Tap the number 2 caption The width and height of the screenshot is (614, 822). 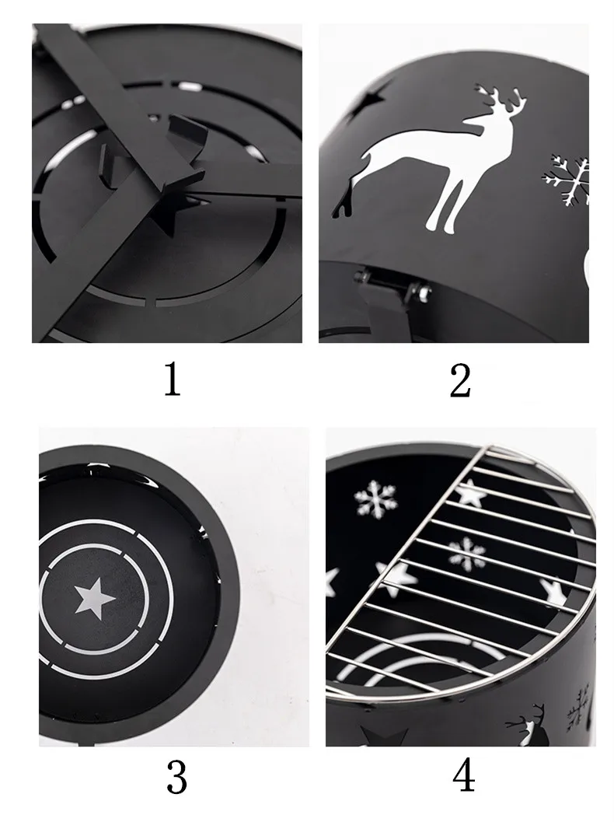point(460,380)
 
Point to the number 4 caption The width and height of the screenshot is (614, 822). point(464,776)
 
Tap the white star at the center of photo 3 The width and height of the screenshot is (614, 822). point(95,597)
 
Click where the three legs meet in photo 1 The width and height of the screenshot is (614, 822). point(169,184)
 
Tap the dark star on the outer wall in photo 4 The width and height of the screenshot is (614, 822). point(385,736)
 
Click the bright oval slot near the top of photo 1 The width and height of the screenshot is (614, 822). point(189,86)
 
